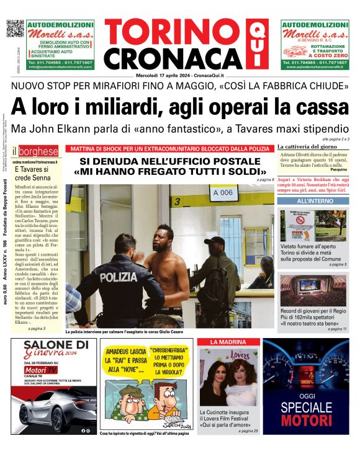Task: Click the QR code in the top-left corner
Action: point(15,29)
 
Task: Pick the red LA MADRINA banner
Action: point(227,342)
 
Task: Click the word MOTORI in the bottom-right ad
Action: point(307,421)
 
